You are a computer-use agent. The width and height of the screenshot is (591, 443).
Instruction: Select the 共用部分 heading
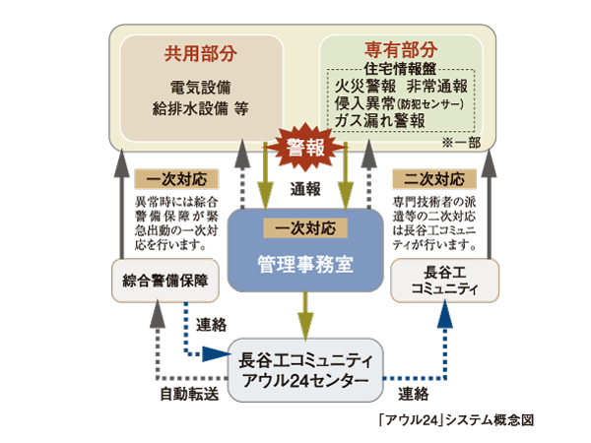pyautogui.click(x=186, y=51)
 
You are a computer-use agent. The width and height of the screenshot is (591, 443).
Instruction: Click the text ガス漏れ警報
pyautogui.click(x=380, y=121)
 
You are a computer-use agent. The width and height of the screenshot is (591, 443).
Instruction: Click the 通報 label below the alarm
pyautogui.click(x=305, y=186)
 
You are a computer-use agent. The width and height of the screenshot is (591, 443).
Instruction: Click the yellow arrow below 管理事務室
pyautogui.click(x=306, y=316)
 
